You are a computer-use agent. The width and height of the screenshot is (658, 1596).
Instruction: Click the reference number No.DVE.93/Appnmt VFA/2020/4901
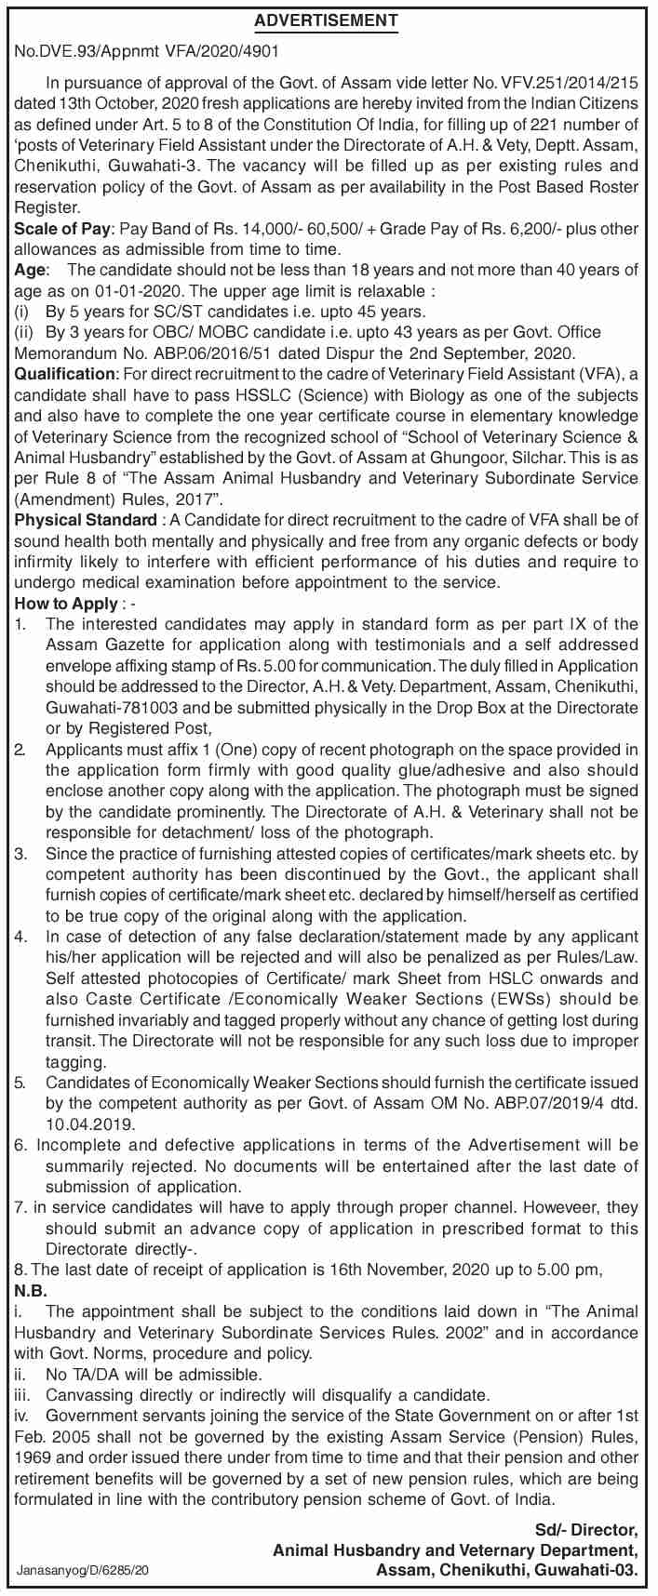pyautogui.click(x=147, y=55)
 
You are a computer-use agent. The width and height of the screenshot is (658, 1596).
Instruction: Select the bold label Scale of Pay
pyautogui.click(x=61, y=229)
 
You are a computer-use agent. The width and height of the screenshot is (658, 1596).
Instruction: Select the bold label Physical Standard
pyautogui.click(x=85, y=520)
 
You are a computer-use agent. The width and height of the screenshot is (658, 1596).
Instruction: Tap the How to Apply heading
pyautogui.click(x=65, y=604)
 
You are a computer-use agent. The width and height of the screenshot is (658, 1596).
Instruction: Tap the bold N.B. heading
pyautogui.click(x=31, y=1291)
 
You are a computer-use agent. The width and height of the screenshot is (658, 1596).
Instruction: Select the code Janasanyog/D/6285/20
pyautogui.click(x=83, y=1570)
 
